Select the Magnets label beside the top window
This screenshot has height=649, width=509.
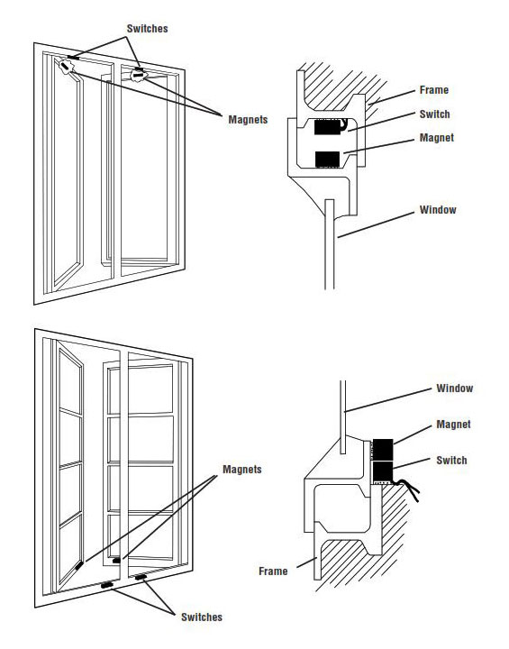246,119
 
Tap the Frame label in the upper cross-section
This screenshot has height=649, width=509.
434,91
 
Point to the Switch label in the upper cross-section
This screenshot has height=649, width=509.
436,114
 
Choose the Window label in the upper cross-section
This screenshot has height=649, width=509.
439,210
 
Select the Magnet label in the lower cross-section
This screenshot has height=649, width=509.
454,424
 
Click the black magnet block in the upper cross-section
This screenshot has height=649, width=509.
327,160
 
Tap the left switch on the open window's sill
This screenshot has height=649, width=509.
107,586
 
